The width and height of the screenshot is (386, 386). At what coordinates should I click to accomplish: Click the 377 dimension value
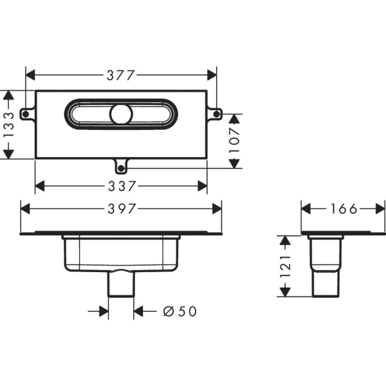(x=121, y=75)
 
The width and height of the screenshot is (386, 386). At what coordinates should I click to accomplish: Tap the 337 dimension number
(x=121, y=187)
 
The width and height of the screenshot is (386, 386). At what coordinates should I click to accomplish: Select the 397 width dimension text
(x=121, y=209)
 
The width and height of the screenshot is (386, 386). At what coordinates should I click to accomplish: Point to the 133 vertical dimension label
(x=8, y=124)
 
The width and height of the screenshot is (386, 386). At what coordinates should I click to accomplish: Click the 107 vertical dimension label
(x=235, y=142)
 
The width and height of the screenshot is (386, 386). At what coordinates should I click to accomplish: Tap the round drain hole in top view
(x=120, y=115)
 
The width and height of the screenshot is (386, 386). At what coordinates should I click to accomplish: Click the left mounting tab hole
(x=25, y=115)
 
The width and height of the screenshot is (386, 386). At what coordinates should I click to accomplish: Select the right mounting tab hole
(x=217, y=115)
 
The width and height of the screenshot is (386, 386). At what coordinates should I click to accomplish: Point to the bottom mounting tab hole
(x=120, y=169)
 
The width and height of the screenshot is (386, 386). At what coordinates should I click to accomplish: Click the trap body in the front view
(x=120, y=254)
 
